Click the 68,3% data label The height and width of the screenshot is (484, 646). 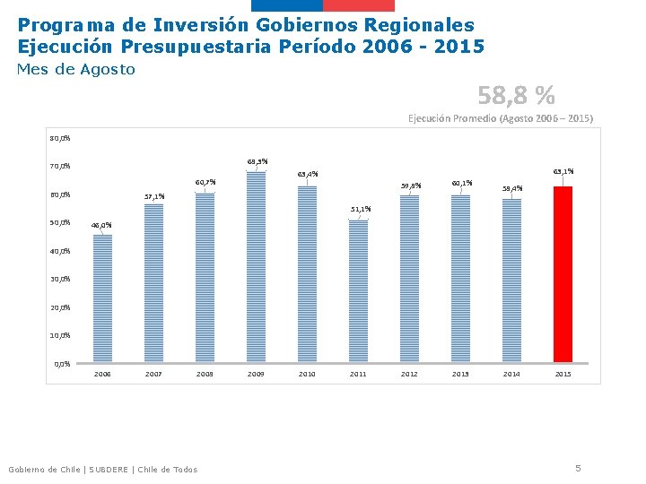257,161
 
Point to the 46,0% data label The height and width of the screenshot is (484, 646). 101,225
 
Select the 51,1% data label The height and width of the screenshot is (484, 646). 360,209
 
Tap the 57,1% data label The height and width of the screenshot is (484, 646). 154,195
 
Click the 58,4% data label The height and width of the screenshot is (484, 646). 512,188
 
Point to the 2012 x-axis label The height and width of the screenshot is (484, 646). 409,374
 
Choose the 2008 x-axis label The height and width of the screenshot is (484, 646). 205,374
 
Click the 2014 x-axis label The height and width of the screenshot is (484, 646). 511,374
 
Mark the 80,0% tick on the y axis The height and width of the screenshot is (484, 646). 61,138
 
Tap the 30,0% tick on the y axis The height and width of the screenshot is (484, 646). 61,279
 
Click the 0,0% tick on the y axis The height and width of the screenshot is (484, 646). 63,364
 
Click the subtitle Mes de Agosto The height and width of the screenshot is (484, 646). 76,69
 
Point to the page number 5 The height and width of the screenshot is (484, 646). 579,467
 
